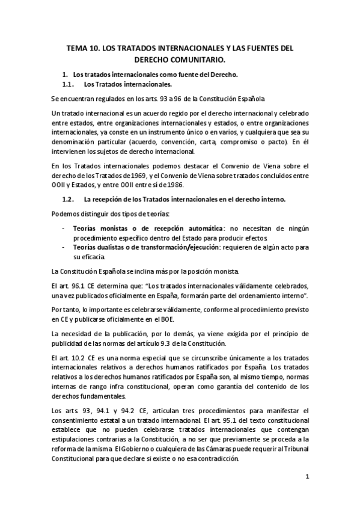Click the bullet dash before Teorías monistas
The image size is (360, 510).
click(64, 229)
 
